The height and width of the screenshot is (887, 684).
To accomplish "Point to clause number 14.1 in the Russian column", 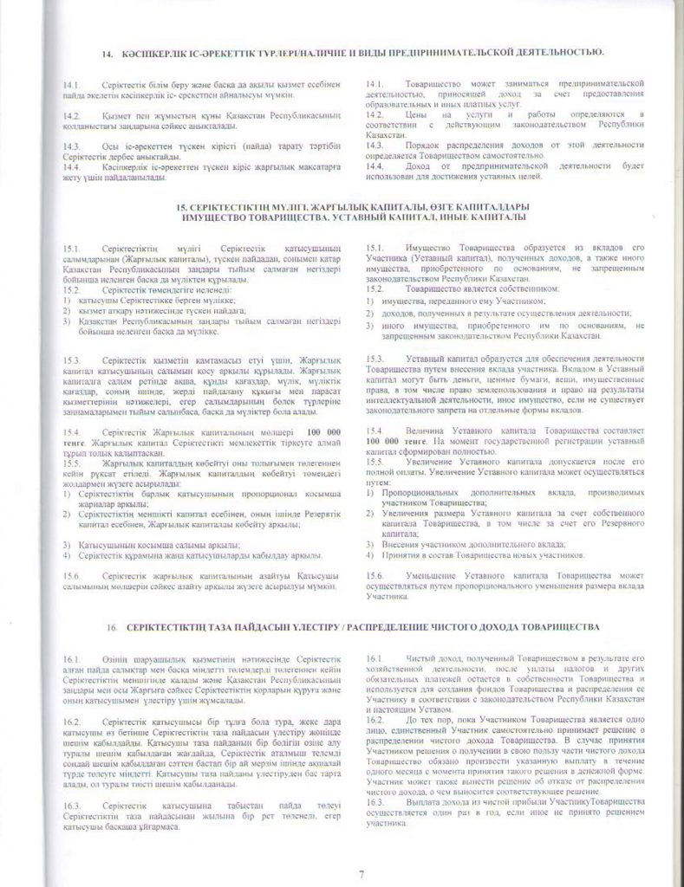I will (375, 84).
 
